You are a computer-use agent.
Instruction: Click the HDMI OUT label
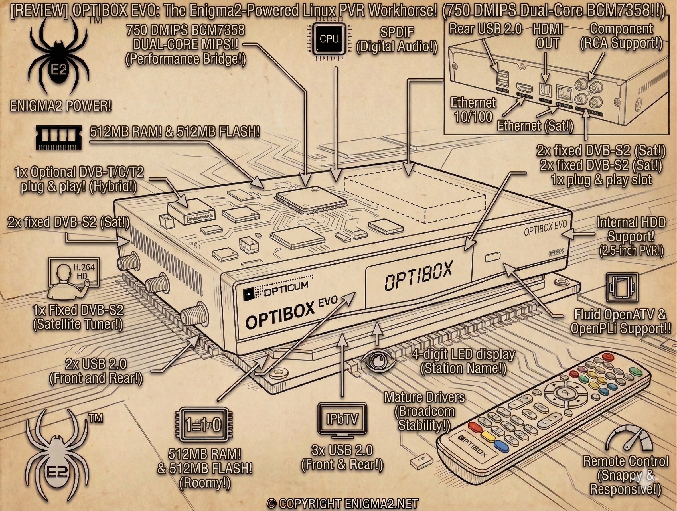(x=548, y=37)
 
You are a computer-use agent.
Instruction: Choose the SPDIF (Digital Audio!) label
(x=397, y=40)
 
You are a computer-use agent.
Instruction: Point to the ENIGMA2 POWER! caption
(x=60, y=106)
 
